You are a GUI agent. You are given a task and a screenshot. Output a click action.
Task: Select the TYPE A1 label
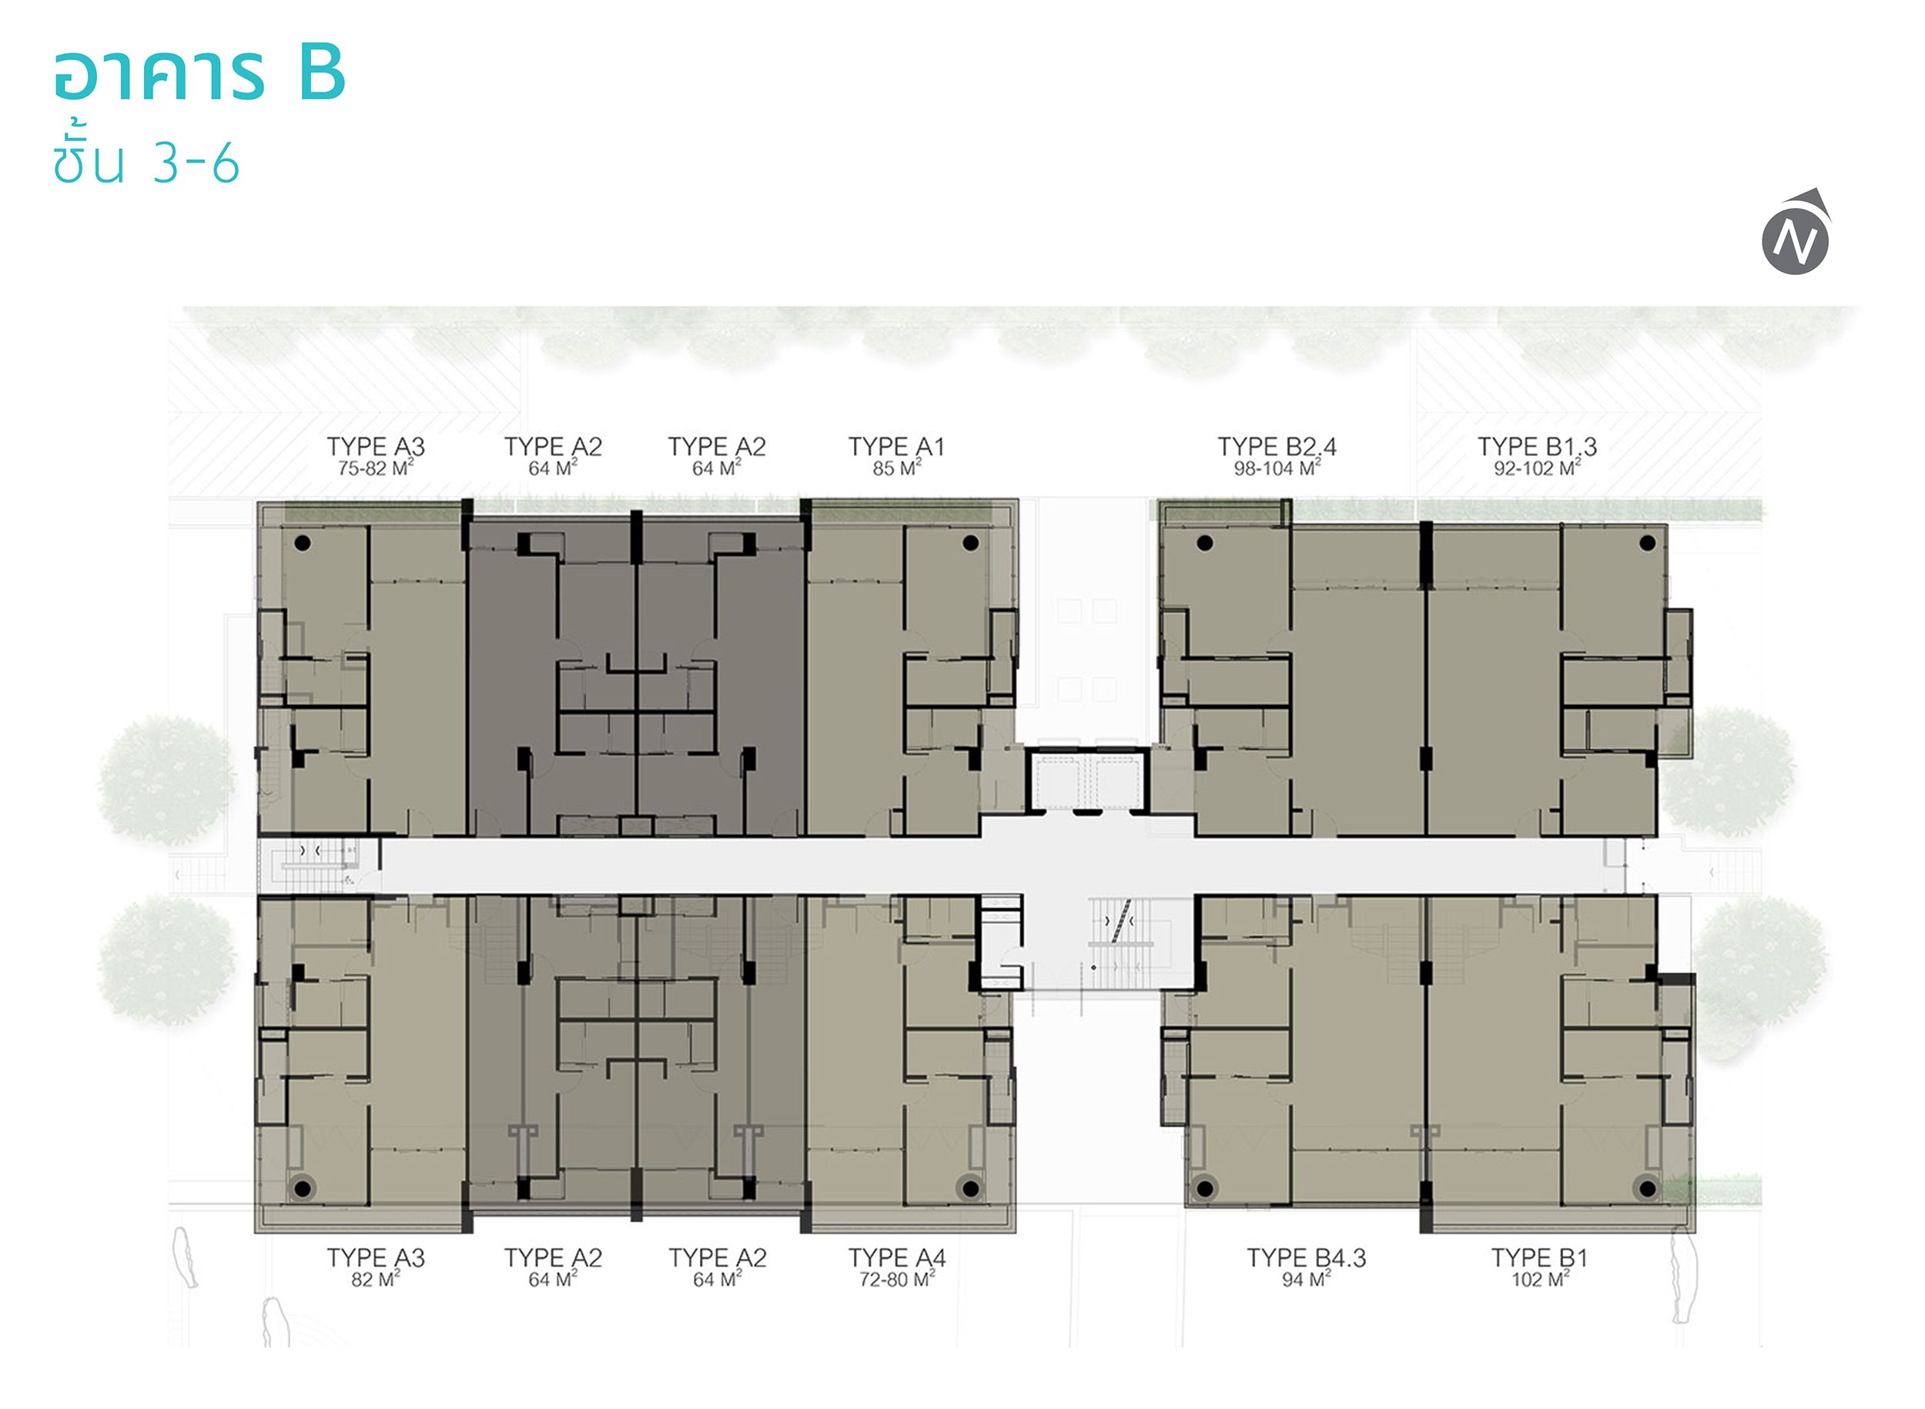[x=896, y=446]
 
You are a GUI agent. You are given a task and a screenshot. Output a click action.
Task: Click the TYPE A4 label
[x=897, y=1257]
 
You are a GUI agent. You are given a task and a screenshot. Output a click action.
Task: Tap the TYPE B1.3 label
[x=1537, y=446]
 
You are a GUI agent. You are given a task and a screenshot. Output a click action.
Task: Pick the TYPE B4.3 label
[x=1306, y=1257]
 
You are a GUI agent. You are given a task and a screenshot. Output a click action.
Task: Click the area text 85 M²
[x=897, y=468]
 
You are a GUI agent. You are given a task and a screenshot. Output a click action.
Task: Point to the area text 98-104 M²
[x=1277, y=468]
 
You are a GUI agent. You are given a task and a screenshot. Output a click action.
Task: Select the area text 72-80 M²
[x=897, y=1279]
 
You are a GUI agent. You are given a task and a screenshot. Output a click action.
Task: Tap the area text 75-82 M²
[x=376, y=468]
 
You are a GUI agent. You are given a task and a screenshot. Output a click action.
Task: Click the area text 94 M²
[x=1306, y=1279]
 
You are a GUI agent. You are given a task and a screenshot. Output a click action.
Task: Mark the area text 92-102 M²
[x=1537, y=468]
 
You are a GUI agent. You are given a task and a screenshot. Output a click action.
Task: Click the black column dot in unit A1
[x=970, y=542]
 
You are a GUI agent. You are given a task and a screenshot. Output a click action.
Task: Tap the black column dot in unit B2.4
[x=1204, y=542]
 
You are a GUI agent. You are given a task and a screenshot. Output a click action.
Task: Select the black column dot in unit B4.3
[x=1204, y=1188]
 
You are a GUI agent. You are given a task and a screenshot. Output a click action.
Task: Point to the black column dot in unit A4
[x=969, y=1188]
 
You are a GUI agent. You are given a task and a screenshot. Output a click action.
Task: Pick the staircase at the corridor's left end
[x=320, y=864]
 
